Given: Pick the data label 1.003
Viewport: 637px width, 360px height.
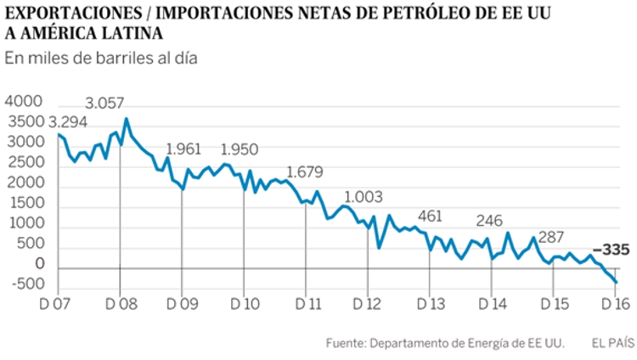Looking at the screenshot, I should (x=369, y=198).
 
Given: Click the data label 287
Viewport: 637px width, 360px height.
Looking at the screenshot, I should (x=551, y=237).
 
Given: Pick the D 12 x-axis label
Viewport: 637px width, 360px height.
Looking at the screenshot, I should (x=368, y=304).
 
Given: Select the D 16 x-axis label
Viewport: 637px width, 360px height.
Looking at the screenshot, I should (x=616, y=304).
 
